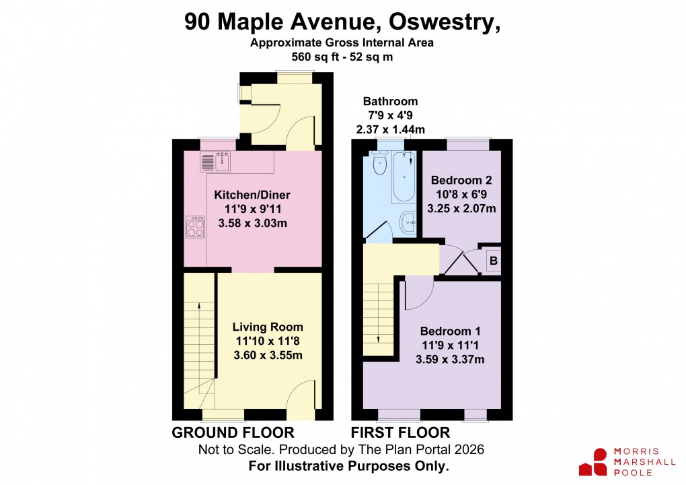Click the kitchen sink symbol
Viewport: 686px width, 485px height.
tap(216, 162)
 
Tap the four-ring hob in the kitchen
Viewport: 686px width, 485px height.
tap(196, 227)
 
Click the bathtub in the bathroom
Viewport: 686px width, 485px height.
tap(405, 176)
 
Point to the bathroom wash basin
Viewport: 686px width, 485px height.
tap(408, 222)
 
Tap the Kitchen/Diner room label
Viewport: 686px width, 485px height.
tap(252, 195)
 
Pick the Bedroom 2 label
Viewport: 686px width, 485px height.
tap(461, 181)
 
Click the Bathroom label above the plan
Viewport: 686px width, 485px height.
tap(390, 102)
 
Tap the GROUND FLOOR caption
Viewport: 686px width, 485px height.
tap(233, 432)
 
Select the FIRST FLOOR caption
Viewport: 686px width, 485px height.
tap(400, 432)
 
